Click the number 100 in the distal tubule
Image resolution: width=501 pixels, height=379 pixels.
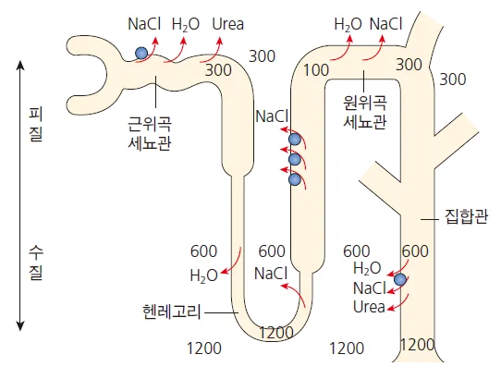316,70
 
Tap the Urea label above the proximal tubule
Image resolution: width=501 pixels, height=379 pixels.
227,24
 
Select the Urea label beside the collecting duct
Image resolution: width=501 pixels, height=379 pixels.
369,307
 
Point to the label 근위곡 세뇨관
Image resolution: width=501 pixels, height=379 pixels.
150,133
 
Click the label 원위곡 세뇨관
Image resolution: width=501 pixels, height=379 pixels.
365,112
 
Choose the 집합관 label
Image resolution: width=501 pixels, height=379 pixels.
466,217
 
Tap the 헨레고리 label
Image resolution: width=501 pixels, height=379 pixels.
172,312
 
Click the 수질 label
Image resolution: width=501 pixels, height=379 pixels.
35,263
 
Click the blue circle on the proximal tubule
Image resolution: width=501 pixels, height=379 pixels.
141,53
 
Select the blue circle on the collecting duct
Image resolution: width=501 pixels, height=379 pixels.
400,279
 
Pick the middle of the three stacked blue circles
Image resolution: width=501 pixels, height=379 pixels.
295,159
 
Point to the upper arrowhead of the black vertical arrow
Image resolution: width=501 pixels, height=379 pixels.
20,62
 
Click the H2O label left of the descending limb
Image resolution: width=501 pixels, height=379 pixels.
204,275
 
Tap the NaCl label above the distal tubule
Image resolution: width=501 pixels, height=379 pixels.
385,24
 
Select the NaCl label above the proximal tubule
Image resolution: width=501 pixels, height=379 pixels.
144,24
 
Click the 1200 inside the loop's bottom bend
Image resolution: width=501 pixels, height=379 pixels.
276,333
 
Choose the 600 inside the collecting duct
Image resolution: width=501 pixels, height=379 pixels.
415,251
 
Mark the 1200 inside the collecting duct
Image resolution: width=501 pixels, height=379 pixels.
418,345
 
